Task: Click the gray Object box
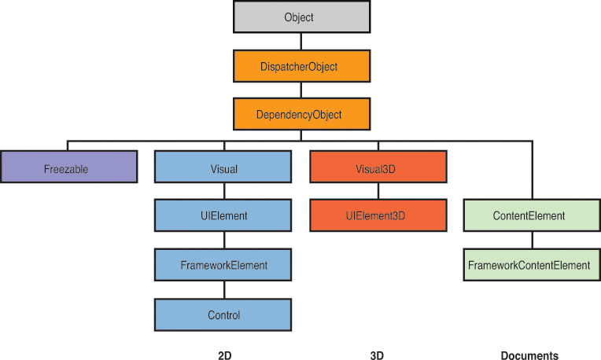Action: tap(300, 17)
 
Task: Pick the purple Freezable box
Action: tap(69, 168)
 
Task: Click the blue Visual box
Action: tap(224, 168)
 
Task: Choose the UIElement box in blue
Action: tap(224, 215)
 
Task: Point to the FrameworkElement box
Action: tap(224, 265)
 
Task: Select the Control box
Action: tap(224, 314)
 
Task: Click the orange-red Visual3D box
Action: tap(378, 168)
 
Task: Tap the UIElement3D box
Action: tap(378, 215)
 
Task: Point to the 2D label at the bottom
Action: tap(224, 355)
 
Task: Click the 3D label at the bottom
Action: tap(377, 355)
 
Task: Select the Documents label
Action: tap(529, 355)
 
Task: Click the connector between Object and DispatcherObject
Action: tap(300, 42)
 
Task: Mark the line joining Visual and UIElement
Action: tap(224, 192)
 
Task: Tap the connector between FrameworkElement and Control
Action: tap(224, 290)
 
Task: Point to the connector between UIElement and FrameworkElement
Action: tap(224, 241)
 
